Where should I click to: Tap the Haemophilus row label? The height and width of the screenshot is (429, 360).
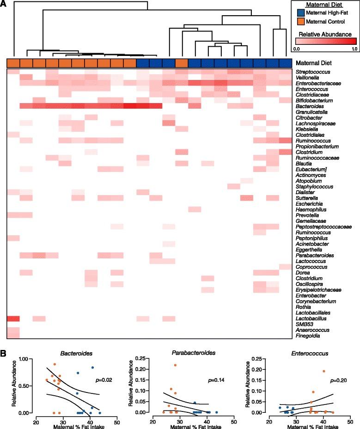click(x=311, y=209)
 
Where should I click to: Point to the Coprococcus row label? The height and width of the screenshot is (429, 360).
click(x=311, y=267)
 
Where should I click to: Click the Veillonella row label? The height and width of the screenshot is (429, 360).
click(x=309, y=78)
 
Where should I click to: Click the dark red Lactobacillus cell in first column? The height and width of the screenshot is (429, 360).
click(x=13, y=319)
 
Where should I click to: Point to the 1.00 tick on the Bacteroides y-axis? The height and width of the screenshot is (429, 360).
click(x=26, y=359)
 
